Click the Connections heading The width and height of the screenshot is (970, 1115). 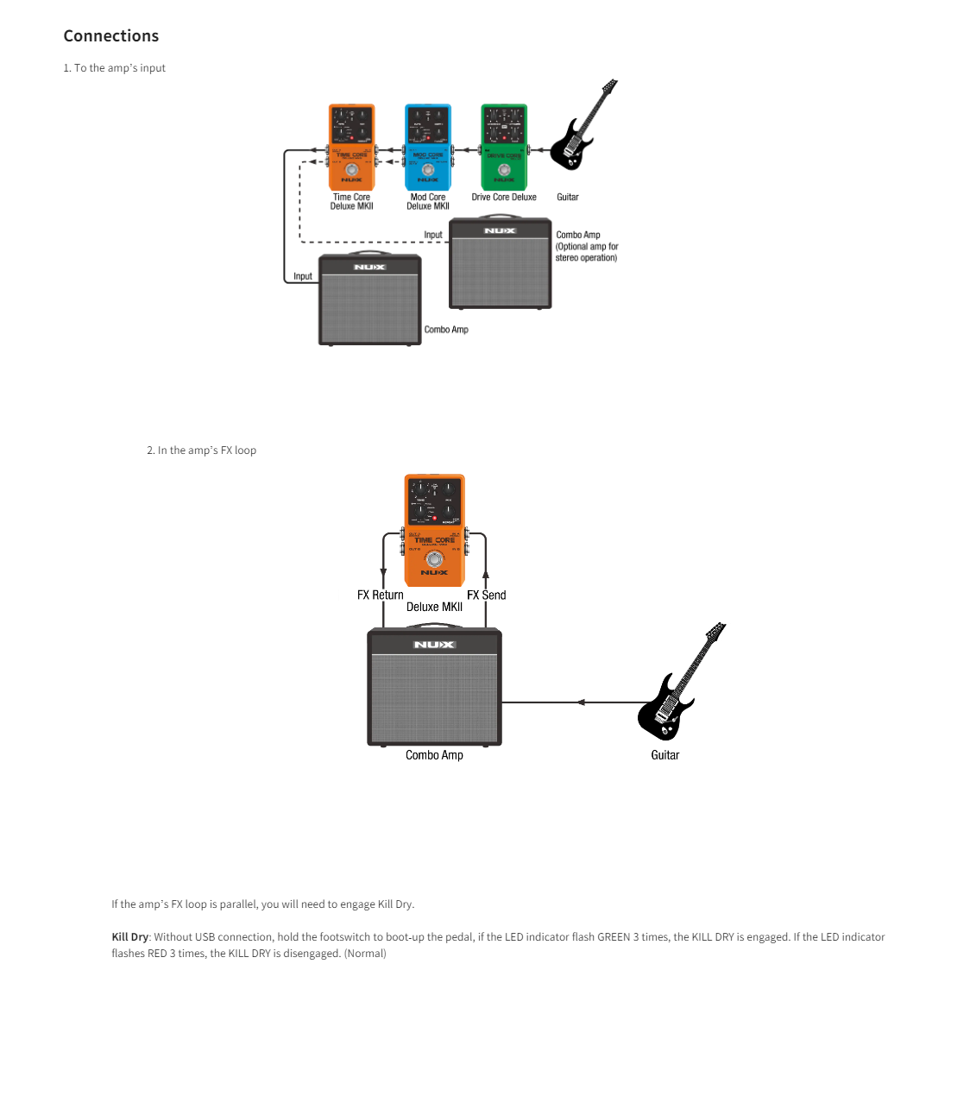coord(111,36)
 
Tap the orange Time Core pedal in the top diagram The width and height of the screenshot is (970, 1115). coord(351,147)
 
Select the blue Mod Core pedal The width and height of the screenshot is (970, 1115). coord(428,147)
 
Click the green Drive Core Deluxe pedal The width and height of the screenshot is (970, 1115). coord(504,147)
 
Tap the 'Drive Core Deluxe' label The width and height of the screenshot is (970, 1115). coord(504,198)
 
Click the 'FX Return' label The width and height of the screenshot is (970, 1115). coord(380,595)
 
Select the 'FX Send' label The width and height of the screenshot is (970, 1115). coord(487,595)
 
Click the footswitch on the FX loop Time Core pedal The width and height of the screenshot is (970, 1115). coord(434,558)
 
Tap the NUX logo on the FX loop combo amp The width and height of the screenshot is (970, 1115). coord(434,645)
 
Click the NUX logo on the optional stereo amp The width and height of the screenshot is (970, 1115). coord(500,231)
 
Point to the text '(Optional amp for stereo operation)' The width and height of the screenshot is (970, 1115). coord(587,252)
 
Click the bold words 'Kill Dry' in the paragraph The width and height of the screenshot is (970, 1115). coord(129,937)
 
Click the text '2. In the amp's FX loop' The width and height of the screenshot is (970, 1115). coord(201,450)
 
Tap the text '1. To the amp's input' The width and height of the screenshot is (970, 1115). coord(114,68)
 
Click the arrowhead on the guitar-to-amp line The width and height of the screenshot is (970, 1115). coord(581,702)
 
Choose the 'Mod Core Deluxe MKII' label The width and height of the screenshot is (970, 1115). coord(428,202)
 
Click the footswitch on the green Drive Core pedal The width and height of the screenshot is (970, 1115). coord(504,170)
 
